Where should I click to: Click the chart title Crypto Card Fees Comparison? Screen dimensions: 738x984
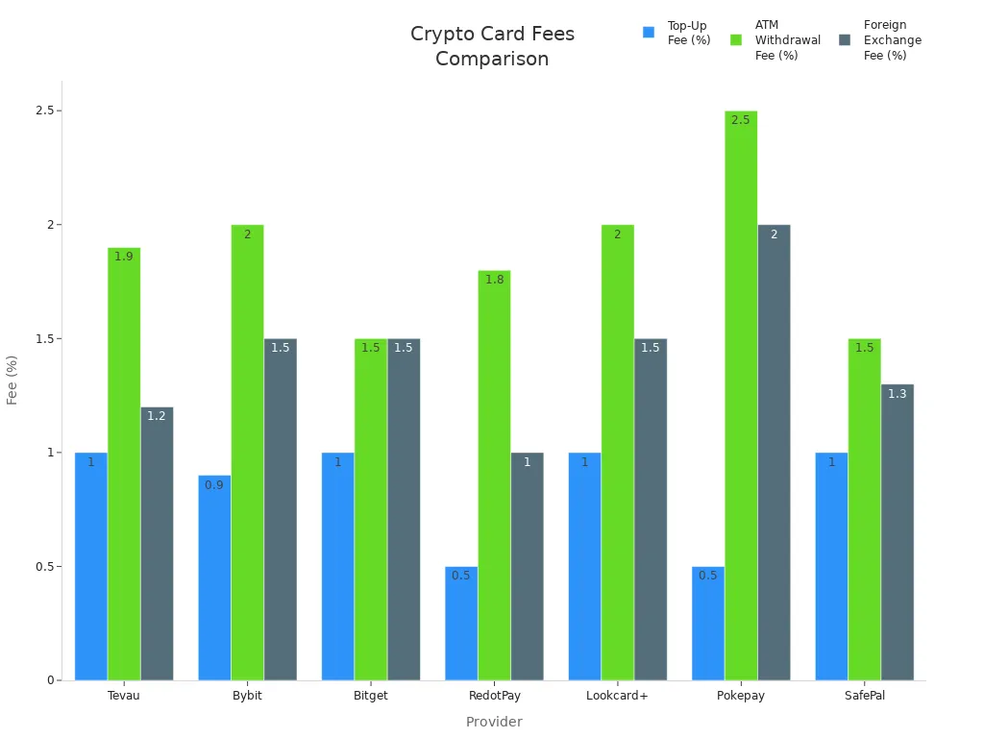pos(492,46)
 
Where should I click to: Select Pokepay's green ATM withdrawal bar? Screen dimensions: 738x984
pos(741,395)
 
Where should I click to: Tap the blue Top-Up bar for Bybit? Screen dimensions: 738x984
pos(214,578)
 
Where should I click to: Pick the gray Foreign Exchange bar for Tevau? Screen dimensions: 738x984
pos(157,543)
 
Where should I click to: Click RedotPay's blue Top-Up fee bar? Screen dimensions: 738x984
pos(461,623)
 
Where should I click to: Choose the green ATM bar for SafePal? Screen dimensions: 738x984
pos(864,509)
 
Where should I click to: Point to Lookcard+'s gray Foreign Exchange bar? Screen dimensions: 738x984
pos(651,509)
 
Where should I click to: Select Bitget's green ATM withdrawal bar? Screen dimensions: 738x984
pos(371,509)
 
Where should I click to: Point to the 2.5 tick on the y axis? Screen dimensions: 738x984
pos(42,111)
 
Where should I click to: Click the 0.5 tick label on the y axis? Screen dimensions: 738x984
pos(42,567)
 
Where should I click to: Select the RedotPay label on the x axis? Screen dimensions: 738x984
pos(494,696)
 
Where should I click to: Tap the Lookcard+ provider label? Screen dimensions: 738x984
pos(617,696)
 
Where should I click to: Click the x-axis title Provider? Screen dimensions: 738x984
pos(494,722)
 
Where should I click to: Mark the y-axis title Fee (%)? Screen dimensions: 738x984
pos(12,380)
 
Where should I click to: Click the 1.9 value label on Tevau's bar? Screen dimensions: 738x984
pos(124,257)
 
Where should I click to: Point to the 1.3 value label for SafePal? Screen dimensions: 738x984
pos(897,394)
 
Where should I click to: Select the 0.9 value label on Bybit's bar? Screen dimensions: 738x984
pos(214,485)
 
